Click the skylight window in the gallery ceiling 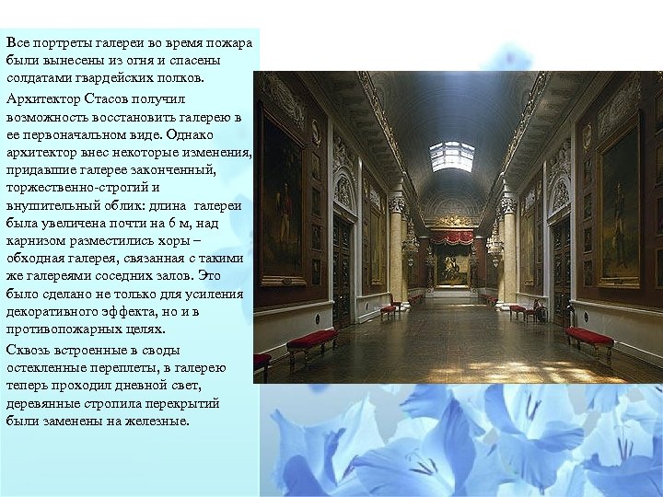tap(451, 156)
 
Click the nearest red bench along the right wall tap(589, 339)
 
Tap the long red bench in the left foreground tap(311, 342)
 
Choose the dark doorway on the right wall tap(561, 267)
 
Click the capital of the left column tap(397, 203)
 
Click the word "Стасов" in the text tap(118, 98)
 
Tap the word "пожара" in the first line tap(227, 43)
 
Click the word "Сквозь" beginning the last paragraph tap(29, 350)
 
